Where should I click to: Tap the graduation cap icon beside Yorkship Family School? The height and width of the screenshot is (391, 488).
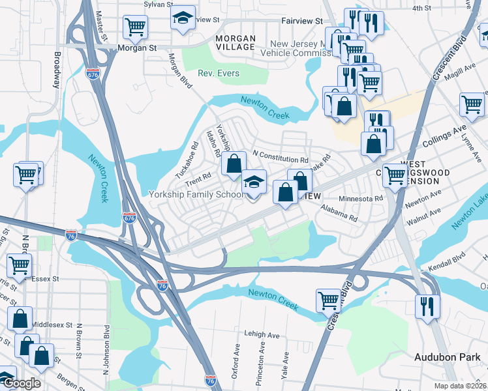point(254,182)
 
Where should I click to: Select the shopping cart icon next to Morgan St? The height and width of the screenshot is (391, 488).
point(135,27)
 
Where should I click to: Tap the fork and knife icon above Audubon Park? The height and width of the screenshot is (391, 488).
point(427,306)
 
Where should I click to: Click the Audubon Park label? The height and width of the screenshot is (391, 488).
point(447,357)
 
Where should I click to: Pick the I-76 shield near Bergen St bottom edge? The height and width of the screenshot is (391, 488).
point(210,380)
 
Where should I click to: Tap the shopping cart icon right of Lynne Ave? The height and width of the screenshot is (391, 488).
point(471,104)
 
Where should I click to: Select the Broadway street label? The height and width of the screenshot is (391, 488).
point(57,70)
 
